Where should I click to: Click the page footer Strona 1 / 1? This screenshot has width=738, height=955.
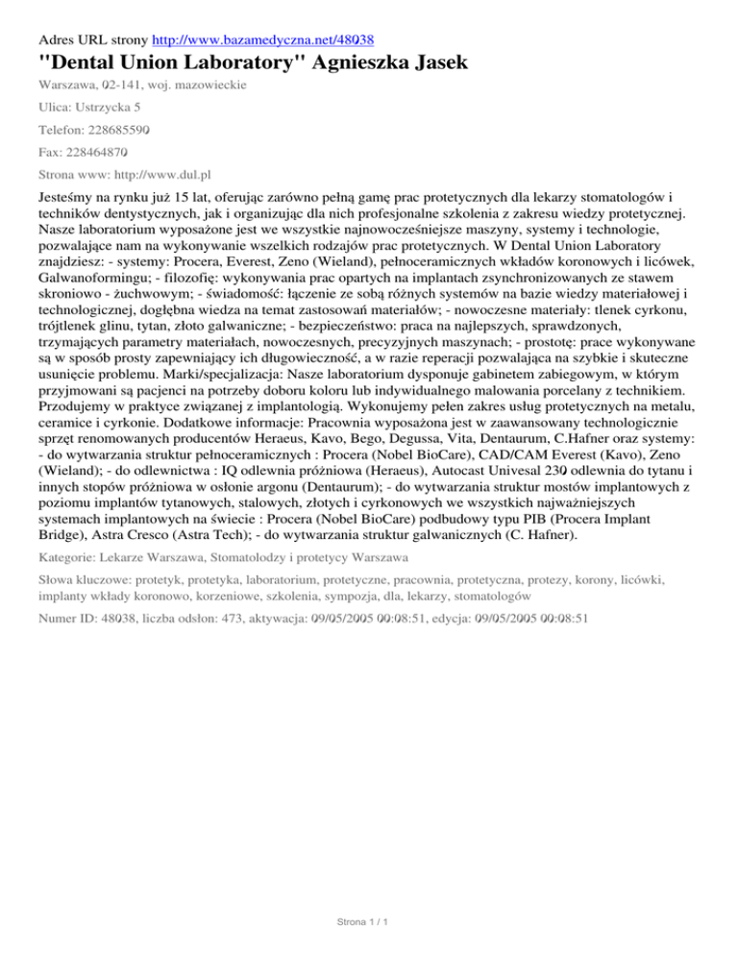point(368,923)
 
